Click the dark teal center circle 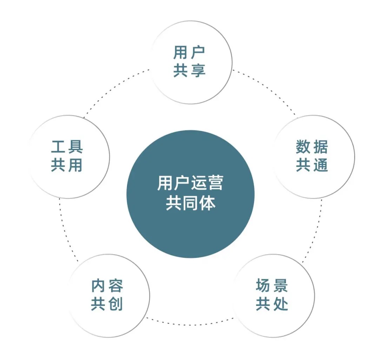point(191,194)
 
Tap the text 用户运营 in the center point(190,183)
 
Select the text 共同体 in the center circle point(191,203)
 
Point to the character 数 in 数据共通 point(303,147)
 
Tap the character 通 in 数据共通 point(321,165)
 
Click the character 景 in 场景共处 point(280,285)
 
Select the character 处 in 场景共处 point(280,304)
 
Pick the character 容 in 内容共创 point(115,285)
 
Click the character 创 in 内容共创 point(115,304)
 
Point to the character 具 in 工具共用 point(75,147)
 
